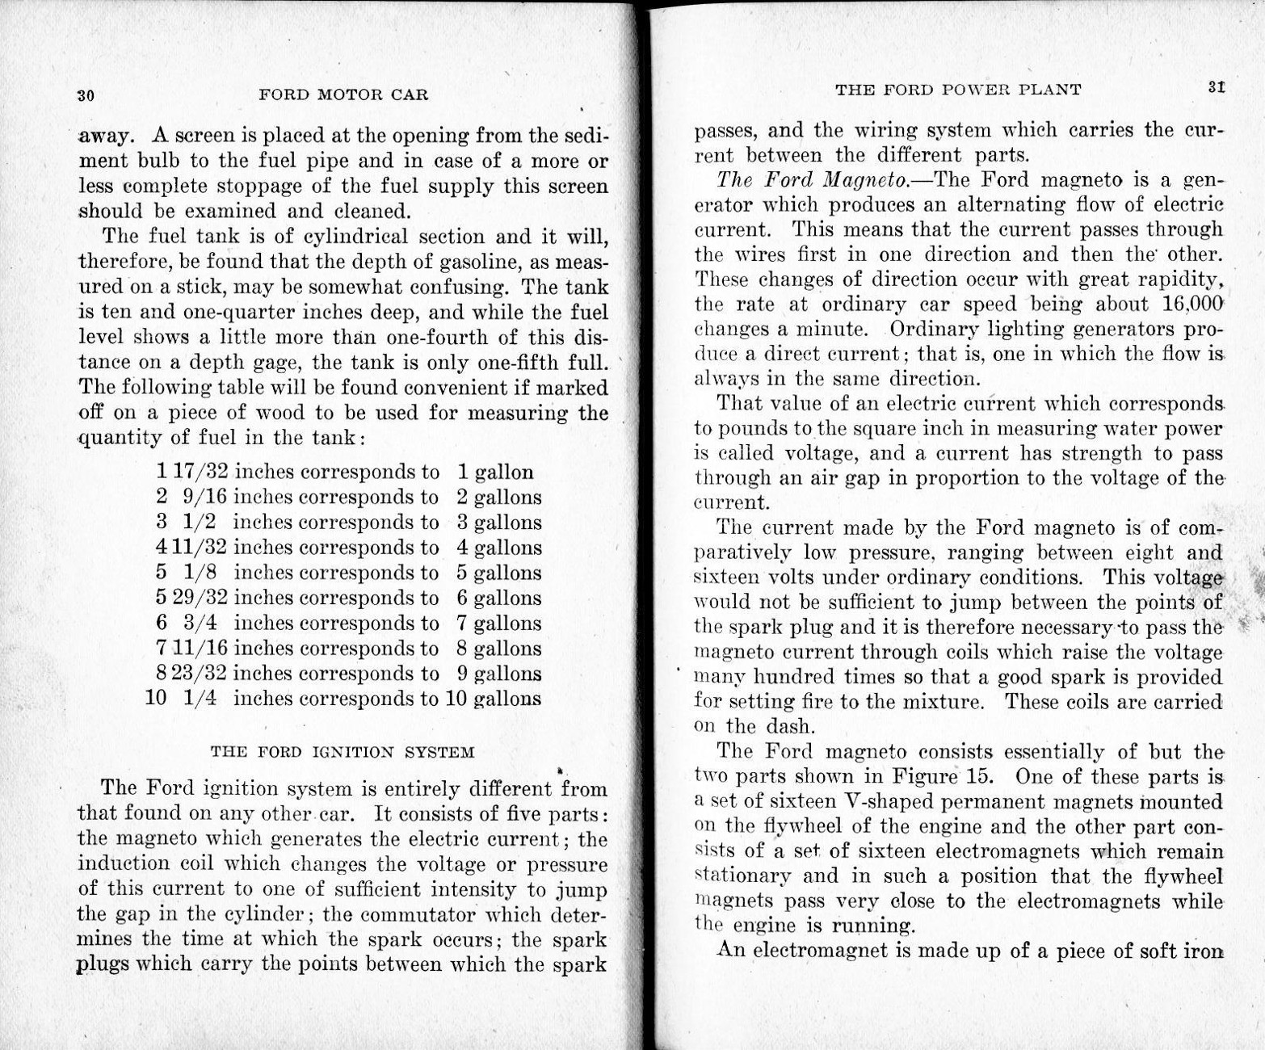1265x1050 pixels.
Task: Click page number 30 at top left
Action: point(86,94)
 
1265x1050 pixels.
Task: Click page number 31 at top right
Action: point(1217,87)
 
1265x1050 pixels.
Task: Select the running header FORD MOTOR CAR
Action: point(343,94)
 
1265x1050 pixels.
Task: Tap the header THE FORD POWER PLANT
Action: point(958,90)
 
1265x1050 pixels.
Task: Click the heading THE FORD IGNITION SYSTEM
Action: point(343,752)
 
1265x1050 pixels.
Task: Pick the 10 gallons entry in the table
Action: point(493,699)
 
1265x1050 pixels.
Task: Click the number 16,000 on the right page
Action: point(1192,304)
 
